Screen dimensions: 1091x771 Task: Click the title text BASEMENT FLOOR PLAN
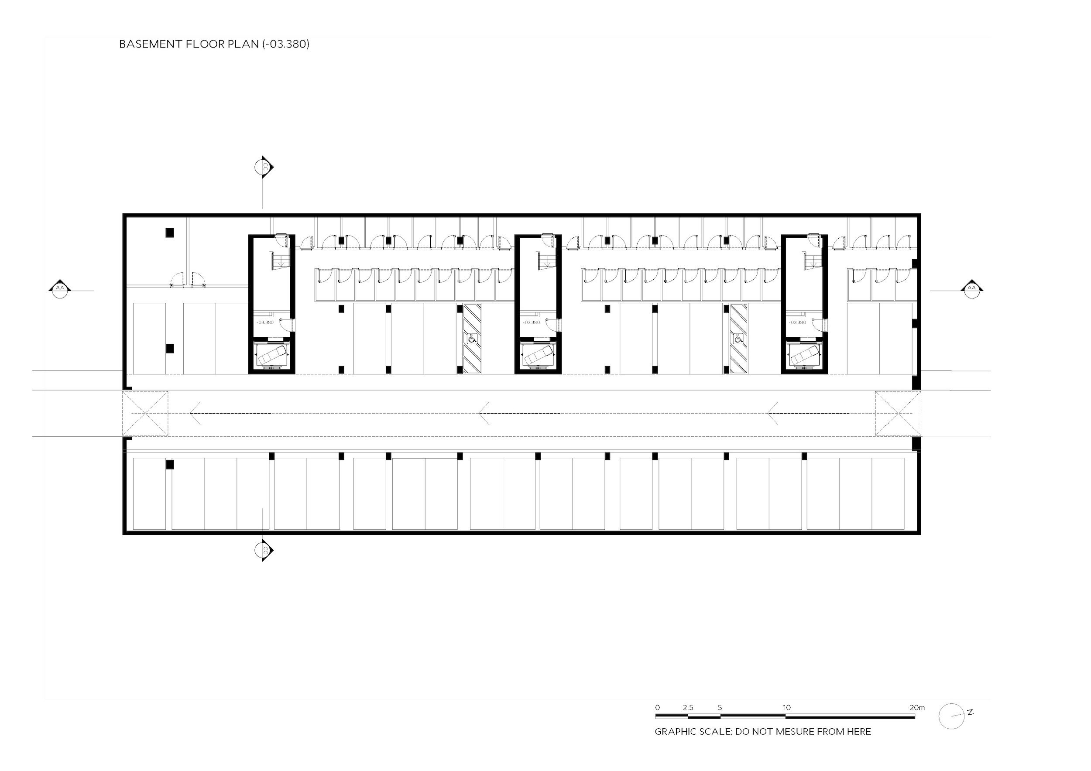click(189, 44)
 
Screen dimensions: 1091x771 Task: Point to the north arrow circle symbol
click(952, 716)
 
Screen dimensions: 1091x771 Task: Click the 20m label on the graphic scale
click(917, 707)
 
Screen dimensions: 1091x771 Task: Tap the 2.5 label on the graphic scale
click(688, 707)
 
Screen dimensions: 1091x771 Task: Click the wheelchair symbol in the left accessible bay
click(472, 339)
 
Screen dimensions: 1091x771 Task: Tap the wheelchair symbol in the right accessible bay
click(738, 339)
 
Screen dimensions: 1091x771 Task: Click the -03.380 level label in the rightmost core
click(797, 322)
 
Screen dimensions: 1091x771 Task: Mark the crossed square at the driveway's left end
click(145, 413)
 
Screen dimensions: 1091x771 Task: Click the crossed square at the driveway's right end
click(898, 413)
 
